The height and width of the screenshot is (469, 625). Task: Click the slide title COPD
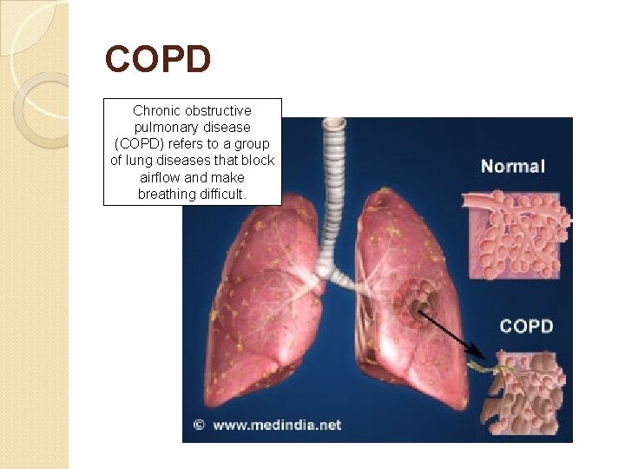(158, 60)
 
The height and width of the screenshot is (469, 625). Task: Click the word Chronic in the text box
(156, 111)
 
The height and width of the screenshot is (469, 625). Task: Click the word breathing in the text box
(165, 194)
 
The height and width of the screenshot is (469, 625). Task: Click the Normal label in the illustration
(512, 166)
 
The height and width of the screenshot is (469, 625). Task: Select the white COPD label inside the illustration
(526, 327)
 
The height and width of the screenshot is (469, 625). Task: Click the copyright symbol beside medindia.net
(198, 425)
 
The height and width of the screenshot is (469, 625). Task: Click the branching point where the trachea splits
(323, 270)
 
